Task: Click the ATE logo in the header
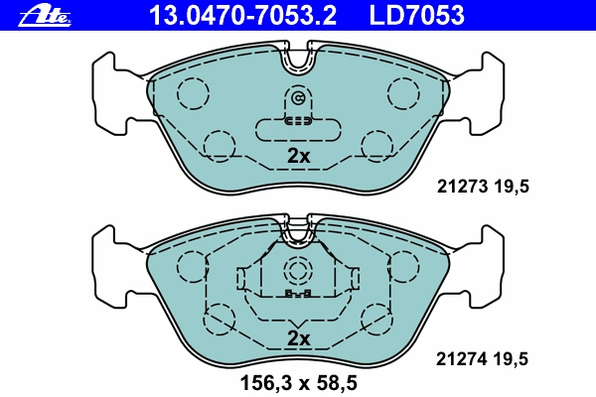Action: [x=45, y=17]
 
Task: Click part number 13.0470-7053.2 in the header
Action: [x=243, y=16]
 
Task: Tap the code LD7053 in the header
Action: [x=416, y=16]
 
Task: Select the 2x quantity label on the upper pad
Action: [x=298, y=156]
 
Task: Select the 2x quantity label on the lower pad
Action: [x=298, y=338]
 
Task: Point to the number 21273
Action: [x=462, y=187]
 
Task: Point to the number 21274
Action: [x=462, y=358]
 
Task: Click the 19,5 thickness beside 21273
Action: [x=512, y=187]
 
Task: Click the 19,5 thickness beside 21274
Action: [x=511, y=359]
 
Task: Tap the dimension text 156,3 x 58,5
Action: [x=298, y=383]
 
